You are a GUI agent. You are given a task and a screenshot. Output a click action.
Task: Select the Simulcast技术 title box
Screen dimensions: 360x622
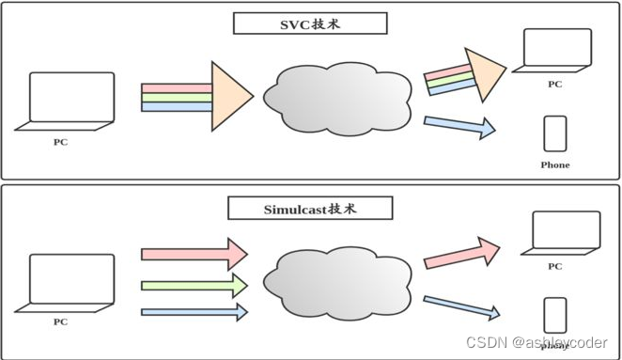tap(310, 208)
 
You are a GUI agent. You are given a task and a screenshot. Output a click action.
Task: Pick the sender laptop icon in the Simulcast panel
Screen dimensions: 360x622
tap(70, 282)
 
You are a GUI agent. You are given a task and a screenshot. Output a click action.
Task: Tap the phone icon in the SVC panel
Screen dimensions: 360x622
tap(555, 134)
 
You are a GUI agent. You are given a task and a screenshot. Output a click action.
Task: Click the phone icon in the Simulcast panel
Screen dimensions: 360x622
tap(555, 315)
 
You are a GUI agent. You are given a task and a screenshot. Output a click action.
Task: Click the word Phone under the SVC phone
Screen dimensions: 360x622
tap(555, 165)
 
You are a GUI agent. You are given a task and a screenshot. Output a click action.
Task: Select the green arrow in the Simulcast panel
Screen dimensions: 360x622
tap(194, 284)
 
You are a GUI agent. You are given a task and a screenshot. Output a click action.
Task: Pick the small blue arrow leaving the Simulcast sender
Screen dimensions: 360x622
tap(194, 311)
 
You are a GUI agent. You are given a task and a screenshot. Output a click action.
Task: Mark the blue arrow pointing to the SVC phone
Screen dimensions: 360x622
tap(459, 126)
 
